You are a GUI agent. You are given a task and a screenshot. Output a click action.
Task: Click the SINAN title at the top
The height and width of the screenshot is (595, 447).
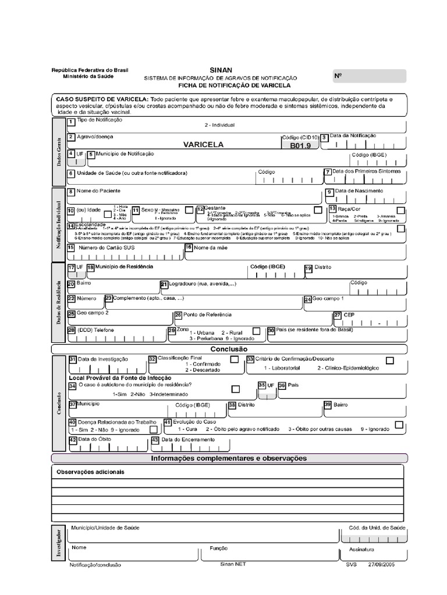coord(217,70)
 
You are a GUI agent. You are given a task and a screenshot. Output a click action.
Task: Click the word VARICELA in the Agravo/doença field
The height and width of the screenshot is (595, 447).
coord(203,145)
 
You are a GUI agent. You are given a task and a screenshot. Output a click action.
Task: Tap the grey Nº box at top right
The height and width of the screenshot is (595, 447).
coord(369,76)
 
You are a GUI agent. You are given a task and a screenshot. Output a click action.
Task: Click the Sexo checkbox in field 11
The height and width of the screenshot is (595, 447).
coord(189,209)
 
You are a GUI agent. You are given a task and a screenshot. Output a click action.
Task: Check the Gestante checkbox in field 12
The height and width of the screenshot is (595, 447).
coord(318,209)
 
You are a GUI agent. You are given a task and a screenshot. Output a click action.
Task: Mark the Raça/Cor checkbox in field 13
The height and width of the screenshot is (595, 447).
coord(400,210)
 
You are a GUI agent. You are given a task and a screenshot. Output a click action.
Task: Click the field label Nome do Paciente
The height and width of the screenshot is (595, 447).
coord(99,191)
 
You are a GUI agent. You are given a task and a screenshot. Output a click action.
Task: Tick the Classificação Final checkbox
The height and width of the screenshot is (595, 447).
coord(234,360)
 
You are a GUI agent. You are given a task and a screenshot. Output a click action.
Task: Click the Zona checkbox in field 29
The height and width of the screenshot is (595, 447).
coord(257,332)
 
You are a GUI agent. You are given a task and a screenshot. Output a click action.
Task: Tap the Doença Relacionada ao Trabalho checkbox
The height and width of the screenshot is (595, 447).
coord(153,429)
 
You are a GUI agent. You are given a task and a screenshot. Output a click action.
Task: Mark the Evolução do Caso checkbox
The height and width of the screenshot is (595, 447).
coord(399,425)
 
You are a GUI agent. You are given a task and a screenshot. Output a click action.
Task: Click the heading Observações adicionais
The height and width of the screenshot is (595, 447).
coord(90,472)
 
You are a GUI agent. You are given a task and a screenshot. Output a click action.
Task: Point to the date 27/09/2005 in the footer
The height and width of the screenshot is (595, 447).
coord(382,564)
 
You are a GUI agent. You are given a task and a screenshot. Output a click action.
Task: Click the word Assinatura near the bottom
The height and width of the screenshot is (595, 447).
coord(361,549)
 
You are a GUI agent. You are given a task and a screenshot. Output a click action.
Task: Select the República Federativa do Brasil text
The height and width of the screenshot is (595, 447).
coord(88,70)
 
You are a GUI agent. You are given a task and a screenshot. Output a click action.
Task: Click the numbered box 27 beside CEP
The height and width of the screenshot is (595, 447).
coord(337,315)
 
